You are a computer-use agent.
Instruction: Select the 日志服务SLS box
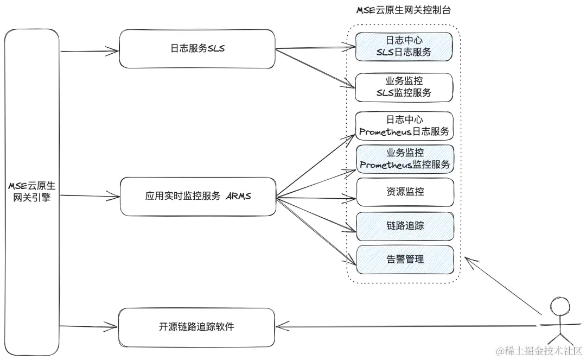coord(196,49)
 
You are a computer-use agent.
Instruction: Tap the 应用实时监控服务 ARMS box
coord(196,196)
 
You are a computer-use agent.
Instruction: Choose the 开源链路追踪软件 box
coord(196,327)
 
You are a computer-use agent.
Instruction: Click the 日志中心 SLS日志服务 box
coord(404,46)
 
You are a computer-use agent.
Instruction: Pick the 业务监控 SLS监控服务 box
coord(404,87)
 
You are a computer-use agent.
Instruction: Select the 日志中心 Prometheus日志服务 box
coord(404,126)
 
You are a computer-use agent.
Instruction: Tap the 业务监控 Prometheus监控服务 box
coord(404,159)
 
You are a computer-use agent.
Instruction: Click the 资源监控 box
coord(404,192)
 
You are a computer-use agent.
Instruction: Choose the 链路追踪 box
coord(404,225)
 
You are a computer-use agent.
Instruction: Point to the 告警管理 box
coord(404,259)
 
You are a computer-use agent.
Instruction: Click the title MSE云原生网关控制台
coord(403,10)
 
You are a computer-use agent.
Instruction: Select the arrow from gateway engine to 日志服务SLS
coord(90,52)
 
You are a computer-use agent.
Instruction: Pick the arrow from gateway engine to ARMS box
coord(90,195)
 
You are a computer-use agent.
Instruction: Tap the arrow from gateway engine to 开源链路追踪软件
coord(90,326)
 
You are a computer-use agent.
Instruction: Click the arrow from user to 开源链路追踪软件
coord(407,326)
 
